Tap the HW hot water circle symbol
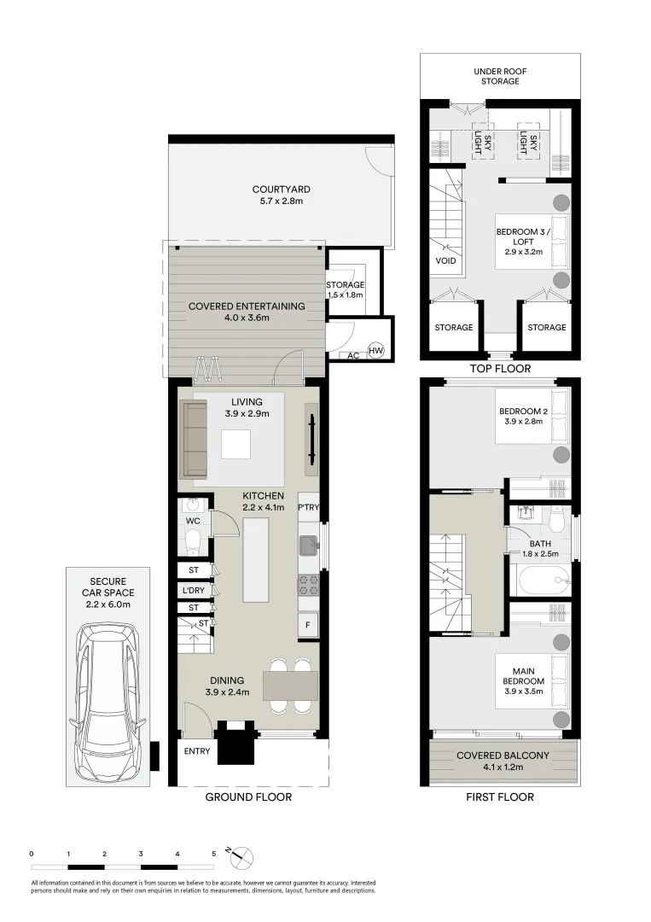point(375,349)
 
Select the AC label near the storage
point(352,355)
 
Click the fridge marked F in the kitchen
point(307,624)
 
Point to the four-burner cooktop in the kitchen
point(307,586)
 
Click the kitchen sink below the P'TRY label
point(308,543)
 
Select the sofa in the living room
point(195,440)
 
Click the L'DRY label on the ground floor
point(192,589)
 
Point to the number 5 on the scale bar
point(213,853)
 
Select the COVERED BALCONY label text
point(503,756)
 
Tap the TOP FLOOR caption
point(500,369)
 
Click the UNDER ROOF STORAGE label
point(499,75)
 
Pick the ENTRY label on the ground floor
point(196,751)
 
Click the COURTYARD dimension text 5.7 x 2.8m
point(280,201)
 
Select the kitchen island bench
point(256,559)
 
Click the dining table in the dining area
point(290,685)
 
